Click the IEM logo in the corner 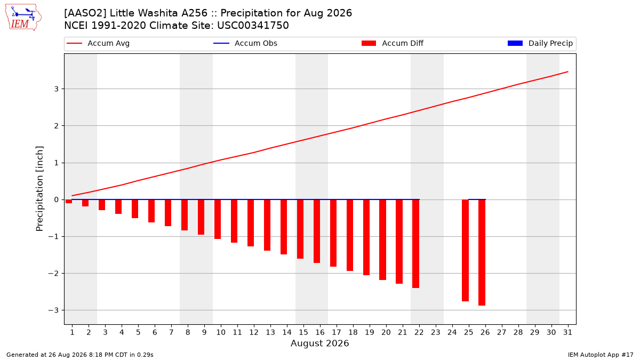coord(23,18)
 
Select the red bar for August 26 coord(482,253)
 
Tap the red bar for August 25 coord(465,251)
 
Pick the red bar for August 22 coord(415,244)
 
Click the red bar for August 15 coord(300,229)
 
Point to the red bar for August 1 coord(69,202)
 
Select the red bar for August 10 coord(218,219)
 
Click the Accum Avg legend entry coord(98,43)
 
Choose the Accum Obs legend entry coord(245,43)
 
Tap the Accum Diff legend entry coord(393,43)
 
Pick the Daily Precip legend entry coord(540,43)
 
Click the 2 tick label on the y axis coord(56,126)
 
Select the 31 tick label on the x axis coord(567,332)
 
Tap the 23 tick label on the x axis coord(435,332)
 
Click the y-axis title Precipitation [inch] coord(39,189)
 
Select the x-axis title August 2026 coord(319,343)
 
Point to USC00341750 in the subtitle coord(253,26)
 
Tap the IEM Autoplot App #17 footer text coord(601,355)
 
